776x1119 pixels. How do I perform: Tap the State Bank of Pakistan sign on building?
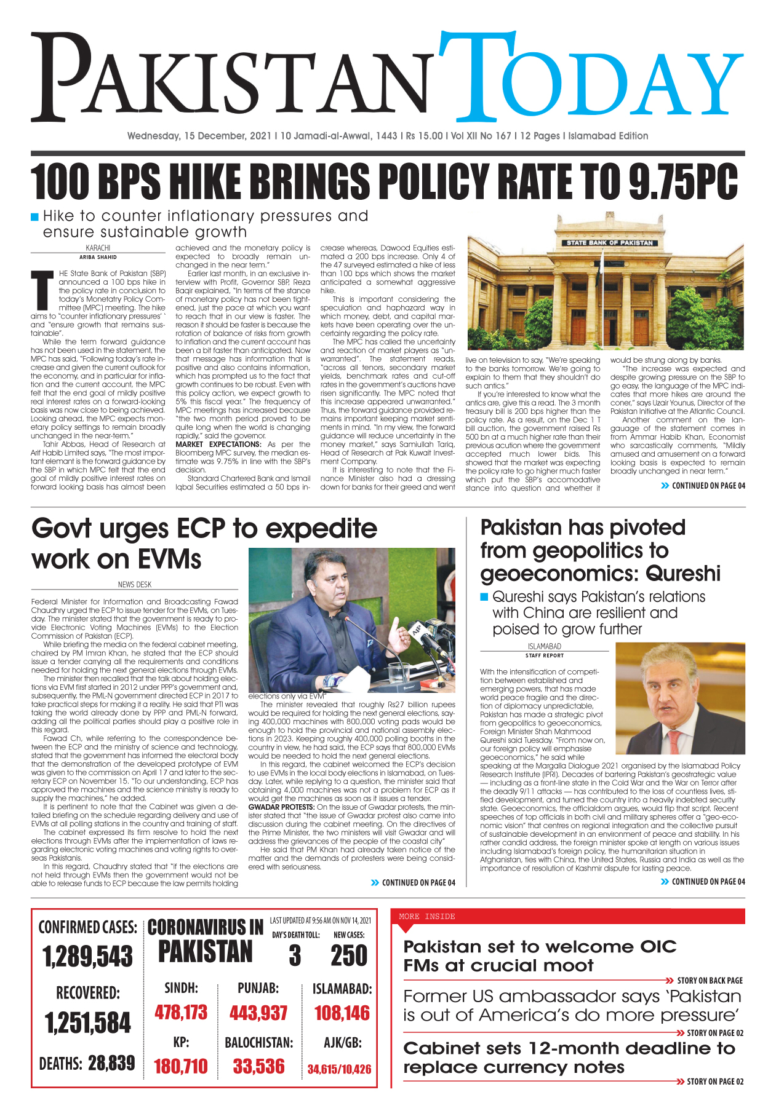(610, 243)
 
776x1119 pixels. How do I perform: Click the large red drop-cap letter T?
(42, 291)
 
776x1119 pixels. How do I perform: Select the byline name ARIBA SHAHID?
(98, 258)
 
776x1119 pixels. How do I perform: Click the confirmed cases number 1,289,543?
(87, 957)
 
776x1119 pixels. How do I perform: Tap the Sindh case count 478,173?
(181, 1013)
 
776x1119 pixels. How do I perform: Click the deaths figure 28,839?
(111, 1063)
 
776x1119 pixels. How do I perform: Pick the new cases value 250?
(349, 956)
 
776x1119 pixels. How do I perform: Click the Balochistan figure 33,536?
(258, 1066)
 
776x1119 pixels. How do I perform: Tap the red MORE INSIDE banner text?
(426, 917)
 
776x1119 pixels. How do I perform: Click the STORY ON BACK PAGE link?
(710, 981)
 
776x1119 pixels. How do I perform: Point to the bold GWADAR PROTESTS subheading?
(281, 807)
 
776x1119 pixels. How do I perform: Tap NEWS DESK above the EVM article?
(135, 585)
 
